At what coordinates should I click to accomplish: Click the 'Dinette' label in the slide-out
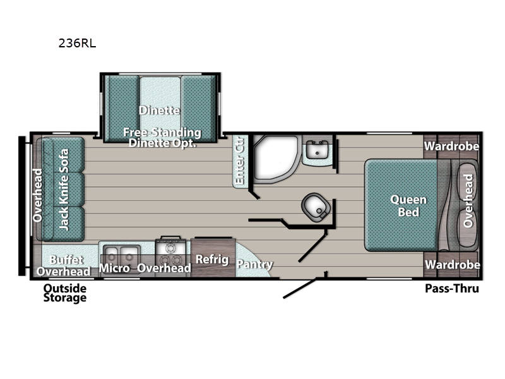(160, 111)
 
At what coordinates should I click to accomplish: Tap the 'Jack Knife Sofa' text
(64, 189)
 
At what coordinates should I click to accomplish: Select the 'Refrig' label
(207, 259)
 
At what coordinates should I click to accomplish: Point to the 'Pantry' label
(256, 265)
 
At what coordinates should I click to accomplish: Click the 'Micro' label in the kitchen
(114, 268)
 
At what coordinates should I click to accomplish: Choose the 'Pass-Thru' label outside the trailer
(451, 289)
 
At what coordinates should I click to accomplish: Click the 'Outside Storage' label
(64, 293)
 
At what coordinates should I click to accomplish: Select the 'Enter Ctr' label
(239, 163)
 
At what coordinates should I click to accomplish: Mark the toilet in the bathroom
(314, 205)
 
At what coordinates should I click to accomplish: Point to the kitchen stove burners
(170, 251)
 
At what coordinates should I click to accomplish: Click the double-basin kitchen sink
(120, 254)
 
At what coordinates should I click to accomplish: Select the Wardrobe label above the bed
(451, 147)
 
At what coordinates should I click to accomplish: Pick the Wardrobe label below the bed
(452, 265)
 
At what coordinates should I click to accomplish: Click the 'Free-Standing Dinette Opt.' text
(162, 138)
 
